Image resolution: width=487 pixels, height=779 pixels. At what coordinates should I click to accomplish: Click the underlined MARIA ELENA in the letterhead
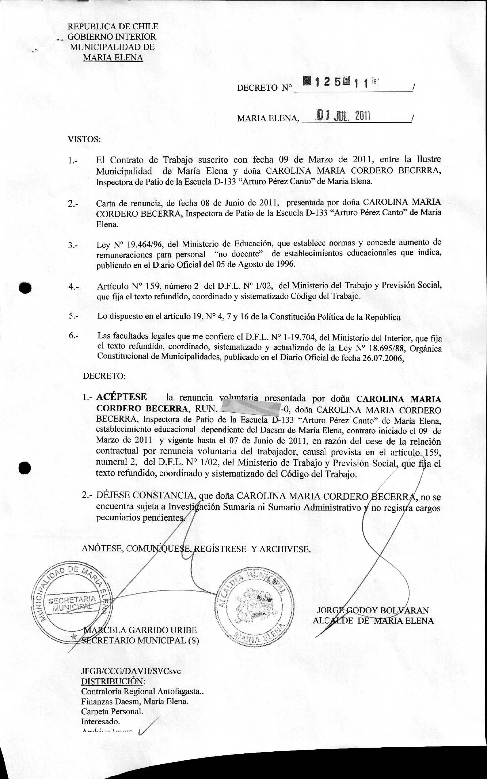pyautogui.click(x=113, y=58)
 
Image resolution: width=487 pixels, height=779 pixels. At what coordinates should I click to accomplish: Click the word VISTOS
pyautogui.click(x=84, y=140)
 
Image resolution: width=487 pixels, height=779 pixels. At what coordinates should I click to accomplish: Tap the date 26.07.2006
pyautogui.click(x=382, y=358)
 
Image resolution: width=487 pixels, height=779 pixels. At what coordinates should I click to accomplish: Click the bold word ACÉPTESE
pyautogui.click(x=121, y=397)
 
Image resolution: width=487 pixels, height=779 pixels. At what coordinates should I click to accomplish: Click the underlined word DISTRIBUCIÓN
pyautogui.click(x=113, y=682)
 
